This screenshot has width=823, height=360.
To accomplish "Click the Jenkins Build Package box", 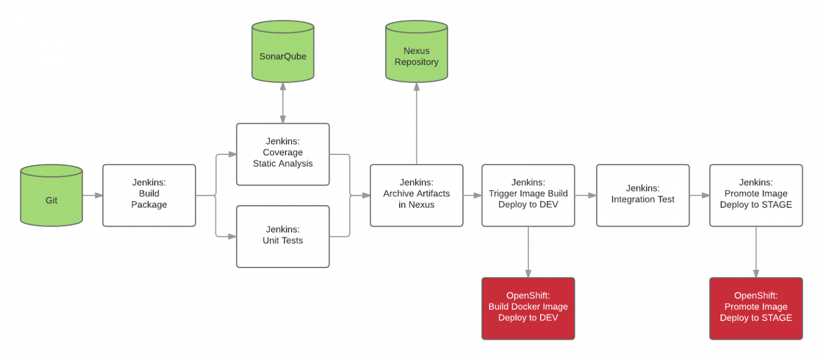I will pos(149,196).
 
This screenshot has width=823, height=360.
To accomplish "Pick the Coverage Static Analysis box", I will pos(283,154).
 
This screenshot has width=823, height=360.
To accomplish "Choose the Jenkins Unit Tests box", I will pos(283,236).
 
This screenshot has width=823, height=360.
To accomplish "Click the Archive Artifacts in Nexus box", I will pos(416,196).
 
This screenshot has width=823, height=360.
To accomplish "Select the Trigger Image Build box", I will pos(528,196).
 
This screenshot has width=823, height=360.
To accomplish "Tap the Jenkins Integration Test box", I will pos(642,196).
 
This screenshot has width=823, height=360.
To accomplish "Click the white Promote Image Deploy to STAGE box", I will pos(755,196).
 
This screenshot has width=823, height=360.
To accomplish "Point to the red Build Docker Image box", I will pos(528,309).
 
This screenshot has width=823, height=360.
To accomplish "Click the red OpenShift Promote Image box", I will pos(755,309).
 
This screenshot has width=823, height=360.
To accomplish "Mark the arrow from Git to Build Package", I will pos(93,196).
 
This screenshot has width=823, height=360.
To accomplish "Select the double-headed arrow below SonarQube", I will pos(283,103).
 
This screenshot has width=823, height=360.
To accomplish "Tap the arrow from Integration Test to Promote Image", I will pos(699,196).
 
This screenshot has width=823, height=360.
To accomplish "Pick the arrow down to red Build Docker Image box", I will pos(528,252).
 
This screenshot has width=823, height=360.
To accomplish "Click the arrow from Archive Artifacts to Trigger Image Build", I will pos(472,196).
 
